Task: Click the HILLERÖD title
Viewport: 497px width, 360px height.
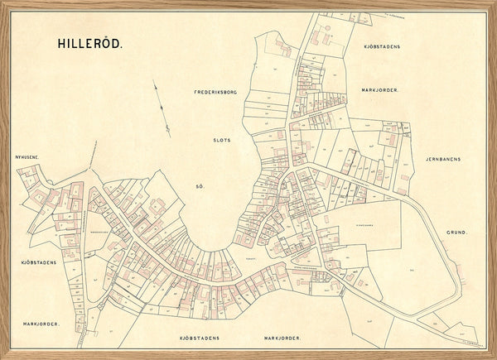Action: pyautogui.click(x=89, y=44)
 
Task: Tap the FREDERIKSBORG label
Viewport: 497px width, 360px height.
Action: pyautogui.click(x=215, y=92)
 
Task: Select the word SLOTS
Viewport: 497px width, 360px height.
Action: pyautogui.click(x=221, y=140)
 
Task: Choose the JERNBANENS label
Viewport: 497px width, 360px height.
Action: pyautogui.click(x=447, y=158)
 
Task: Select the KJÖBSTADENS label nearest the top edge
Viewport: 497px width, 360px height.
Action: pyautogui.click(x=381, y=46)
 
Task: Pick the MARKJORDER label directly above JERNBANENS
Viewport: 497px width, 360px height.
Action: pyautogui.click(x=381, y=89)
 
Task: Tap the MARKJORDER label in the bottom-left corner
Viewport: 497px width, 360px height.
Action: pyautogui.click(x=41, y=324)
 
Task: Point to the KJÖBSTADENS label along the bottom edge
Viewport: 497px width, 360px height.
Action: pyautogui.click(x=200, y=339)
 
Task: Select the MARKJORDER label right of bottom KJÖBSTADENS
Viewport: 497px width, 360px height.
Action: pyautogui.click(x=282, y=339)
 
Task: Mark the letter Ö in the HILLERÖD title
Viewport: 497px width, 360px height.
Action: pyautogui.click(x=107, y=44)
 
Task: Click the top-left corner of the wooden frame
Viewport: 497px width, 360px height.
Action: pyautogui.click(x=2, y=2)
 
